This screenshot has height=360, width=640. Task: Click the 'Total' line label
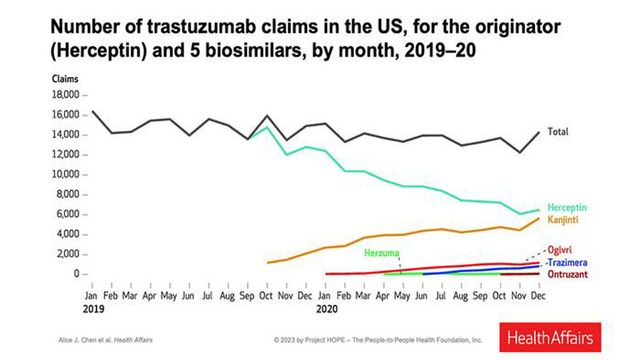(559, 132)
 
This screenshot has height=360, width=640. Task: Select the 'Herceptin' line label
(567, 207)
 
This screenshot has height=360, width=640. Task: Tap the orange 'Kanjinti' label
(565, 218)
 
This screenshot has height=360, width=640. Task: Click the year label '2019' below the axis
(92, 309)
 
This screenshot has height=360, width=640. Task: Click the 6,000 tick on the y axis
(68, 214)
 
